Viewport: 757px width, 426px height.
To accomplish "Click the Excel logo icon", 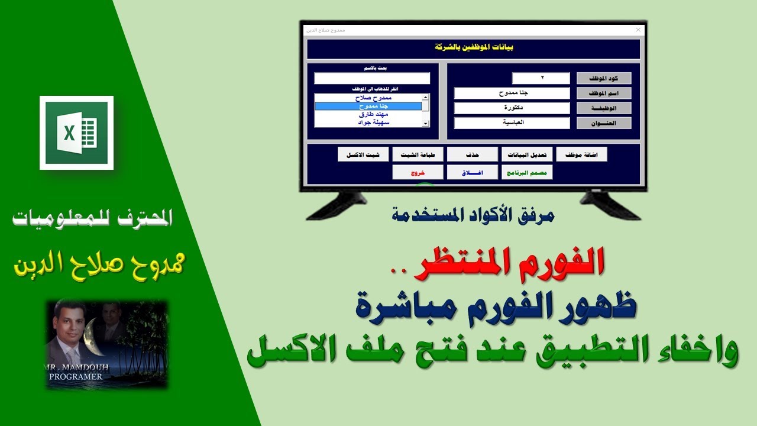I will coord(76,133).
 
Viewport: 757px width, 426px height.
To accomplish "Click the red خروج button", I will coord(418,172).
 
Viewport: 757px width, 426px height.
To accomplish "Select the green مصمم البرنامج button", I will coord(527,172).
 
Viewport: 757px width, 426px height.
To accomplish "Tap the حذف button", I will coord(471,154).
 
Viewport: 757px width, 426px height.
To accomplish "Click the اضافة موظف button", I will coord(581,154).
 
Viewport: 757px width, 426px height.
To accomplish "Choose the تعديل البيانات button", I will coord(527,154).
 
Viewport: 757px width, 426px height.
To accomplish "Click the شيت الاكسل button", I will coord(363,154).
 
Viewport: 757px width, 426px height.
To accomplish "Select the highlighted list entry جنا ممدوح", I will coord(368,106).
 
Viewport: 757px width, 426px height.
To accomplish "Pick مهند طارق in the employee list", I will coord(368,114).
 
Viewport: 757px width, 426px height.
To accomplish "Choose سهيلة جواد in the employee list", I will coord(368,122).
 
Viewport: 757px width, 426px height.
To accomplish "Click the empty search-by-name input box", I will coord(372,78).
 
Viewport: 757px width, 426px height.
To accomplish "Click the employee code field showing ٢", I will coord(541,78).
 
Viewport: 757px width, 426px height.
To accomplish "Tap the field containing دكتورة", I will coord(512,108).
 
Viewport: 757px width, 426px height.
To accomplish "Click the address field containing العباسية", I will coord(512,123).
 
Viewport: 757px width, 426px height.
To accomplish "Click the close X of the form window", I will coord(638,30).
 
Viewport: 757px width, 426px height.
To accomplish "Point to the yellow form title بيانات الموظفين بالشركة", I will coord(473,48).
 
